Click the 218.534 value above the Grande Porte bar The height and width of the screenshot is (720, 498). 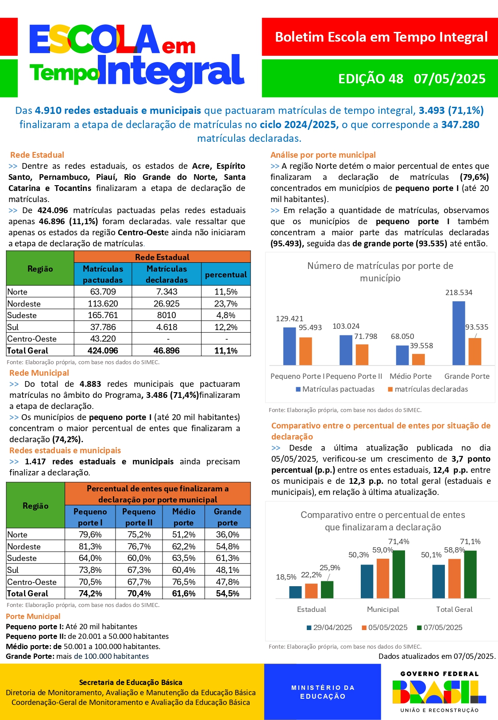[459, 292]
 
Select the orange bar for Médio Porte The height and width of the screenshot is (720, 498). [418, 359]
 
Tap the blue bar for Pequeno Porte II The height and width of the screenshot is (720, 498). [346, 350]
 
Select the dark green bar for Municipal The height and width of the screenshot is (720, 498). [398, 574]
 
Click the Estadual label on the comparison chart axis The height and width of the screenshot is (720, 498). [311, 609]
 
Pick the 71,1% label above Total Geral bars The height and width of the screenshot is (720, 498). [470, 541]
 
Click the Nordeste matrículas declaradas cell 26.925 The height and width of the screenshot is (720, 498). [166, 304]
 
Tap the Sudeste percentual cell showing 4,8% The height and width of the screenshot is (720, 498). [226, 315]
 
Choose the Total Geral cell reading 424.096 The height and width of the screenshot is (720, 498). [103, 350]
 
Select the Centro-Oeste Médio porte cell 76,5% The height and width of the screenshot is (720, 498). [184, 582]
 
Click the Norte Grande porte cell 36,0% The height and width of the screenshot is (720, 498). [228, 534]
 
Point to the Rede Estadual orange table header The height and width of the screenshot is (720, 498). [162, 257]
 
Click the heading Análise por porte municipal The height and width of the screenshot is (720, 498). [323, 155]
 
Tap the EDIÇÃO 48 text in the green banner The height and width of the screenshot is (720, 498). [371, 79]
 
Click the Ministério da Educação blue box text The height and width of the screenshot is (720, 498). [323, 692]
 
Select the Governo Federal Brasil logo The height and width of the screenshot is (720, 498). [439, 691]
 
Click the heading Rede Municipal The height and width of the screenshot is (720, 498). [39, 373]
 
